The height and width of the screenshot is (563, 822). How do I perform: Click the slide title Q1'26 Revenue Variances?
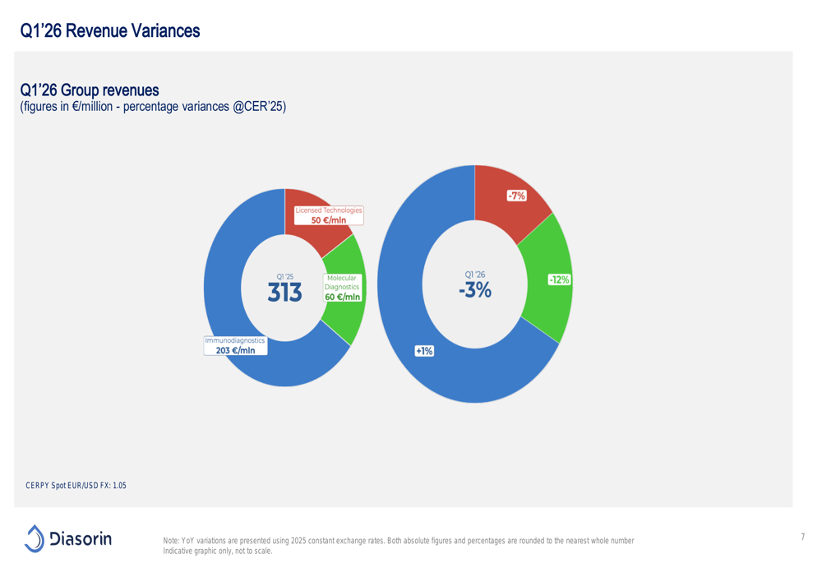coord(110,31)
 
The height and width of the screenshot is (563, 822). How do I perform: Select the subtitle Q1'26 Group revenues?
coord(90,90)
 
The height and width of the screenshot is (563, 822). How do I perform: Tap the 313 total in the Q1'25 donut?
coord(284,293)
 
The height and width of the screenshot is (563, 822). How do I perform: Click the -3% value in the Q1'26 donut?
coord(475,290)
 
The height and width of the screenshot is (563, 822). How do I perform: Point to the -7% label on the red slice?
coord(516,196)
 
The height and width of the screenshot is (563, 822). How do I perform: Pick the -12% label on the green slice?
coord(559,280)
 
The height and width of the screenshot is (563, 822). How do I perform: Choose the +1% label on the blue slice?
coord(424,351)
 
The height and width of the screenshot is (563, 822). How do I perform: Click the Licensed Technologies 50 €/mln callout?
coord(329,215)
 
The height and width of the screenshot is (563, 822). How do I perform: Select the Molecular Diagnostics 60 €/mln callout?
coord(342,288)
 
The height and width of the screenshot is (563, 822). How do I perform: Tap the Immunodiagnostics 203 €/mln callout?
coord(235,345)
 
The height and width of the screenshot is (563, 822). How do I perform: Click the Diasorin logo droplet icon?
coord(35,539)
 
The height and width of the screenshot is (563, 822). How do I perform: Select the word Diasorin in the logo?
coord(81,538)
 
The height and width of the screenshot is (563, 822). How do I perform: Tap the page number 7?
coord(802,537)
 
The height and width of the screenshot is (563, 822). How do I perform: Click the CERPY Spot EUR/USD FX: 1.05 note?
coord(76,486)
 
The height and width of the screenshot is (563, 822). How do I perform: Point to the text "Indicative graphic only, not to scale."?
coord(218,551)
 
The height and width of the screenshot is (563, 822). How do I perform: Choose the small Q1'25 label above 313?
coord(285,277)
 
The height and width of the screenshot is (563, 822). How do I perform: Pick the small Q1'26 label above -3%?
coord(475,275)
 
